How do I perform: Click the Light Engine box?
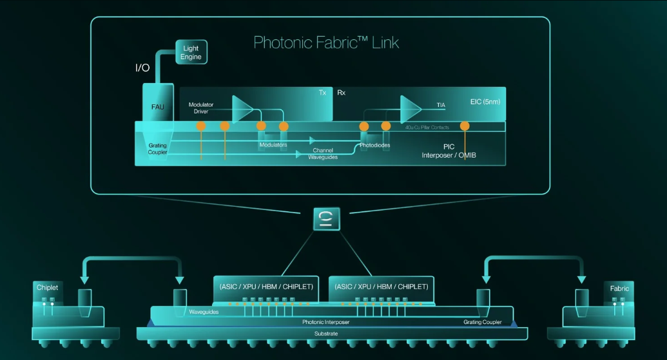[x=191, y=52]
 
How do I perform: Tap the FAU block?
[x=158, y=102]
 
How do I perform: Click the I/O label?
[x=142, y=68]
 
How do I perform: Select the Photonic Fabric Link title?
[x=326, y=43]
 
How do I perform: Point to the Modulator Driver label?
[x=201, y=108]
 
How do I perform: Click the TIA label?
[x=441, y=105]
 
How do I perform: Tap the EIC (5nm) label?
[x=485, y=102]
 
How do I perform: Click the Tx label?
[x=322, y=92]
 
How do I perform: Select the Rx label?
[x=341, y=92]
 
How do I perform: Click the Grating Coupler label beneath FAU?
[x=157, y=149]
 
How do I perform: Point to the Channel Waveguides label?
[x=323, y=153]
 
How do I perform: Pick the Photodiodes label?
[x=375, y=145]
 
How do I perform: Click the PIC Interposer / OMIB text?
[x=449, y=151]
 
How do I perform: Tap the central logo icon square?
[x=327, y=219]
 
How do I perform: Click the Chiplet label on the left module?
[x=47, y=287]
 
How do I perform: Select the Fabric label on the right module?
[x=619, y=289]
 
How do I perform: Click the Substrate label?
[x=326, y=334]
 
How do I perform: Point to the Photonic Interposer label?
[x=326, y=322]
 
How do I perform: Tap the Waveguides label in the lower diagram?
[x=204, y=312]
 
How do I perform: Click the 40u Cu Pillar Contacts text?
[x=427, y=127]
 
